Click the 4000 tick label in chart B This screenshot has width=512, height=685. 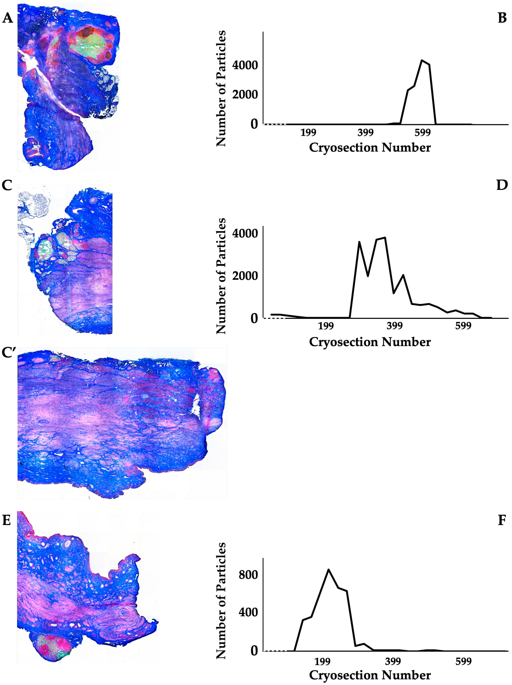click(245, 65)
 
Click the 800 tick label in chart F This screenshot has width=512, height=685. click(248, 575)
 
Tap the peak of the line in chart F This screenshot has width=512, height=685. click(328, 569)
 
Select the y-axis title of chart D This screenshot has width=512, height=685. click(221, 276)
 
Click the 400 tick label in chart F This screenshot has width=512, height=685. click(248, 612)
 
